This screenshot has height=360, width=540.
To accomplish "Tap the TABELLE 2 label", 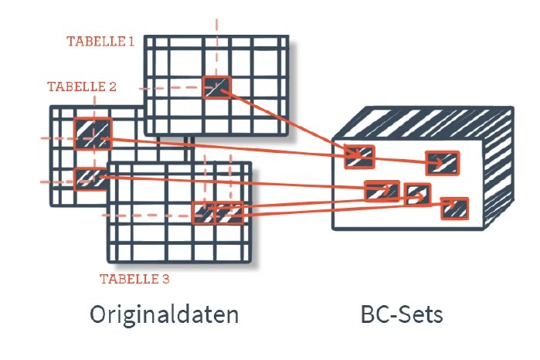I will tap(82, 87).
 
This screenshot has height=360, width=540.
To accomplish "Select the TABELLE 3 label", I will tap(135, 278).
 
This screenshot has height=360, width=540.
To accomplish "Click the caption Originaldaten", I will tap(164, 315).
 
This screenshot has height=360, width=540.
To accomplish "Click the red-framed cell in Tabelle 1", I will tap(216, 87).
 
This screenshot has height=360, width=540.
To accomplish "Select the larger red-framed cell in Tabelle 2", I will tap(93, 133).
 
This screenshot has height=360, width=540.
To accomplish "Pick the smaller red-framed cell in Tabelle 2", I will tap(88, 178).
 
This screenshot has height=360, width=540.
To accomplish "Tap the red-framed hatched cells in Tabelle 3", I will tap(217, 212).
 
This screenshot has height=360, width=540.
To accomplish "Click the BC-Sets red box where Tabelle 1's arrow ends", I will tap(359, 157).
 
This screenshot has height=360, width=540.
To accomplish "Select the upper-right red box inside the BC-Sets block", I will tap(442, 163).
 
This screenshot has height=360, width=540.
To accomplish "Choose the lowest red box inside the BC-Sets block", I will tap(455, 208).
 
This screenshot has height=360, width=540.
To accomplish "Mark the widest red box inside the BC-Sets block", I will tap(382, 190).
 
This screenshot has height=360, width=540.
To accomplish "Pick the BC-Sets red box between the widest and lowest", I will tap(418, 194).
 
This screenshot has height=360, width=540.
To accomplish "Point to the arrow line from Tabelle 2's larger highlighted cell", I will tap(232, 147).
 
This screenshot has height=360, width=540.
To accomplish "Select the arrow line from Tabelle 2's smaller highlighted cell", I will tap(232, 182).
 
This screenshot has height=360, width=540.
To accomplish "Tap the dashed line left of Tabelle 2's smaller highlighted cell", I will tap(56, 182).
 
